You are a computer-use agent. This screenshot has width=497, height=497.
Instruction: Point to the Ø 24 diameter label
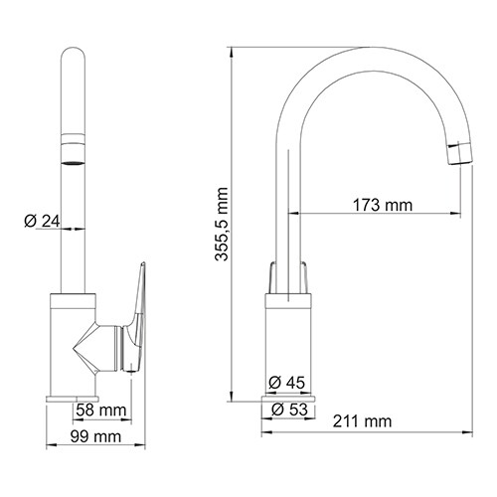pos(40,221)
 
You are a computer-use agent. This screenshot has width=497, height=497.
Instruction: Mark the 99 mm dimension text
pos(98,436)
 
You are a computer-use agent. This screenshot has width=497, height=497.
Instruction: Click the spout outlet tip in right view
pos(458,152)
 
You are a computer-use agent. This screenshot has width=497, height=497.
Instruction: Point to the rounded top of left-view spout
pos(74,55)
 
